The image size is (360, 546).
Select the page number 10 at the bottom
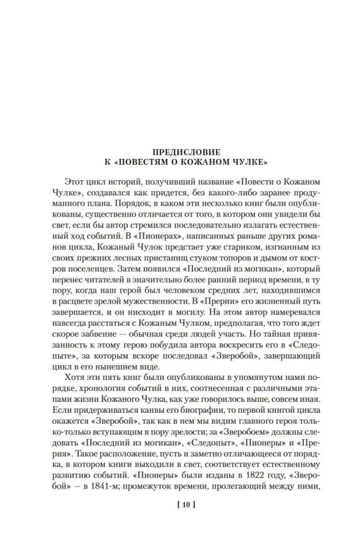180,504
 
